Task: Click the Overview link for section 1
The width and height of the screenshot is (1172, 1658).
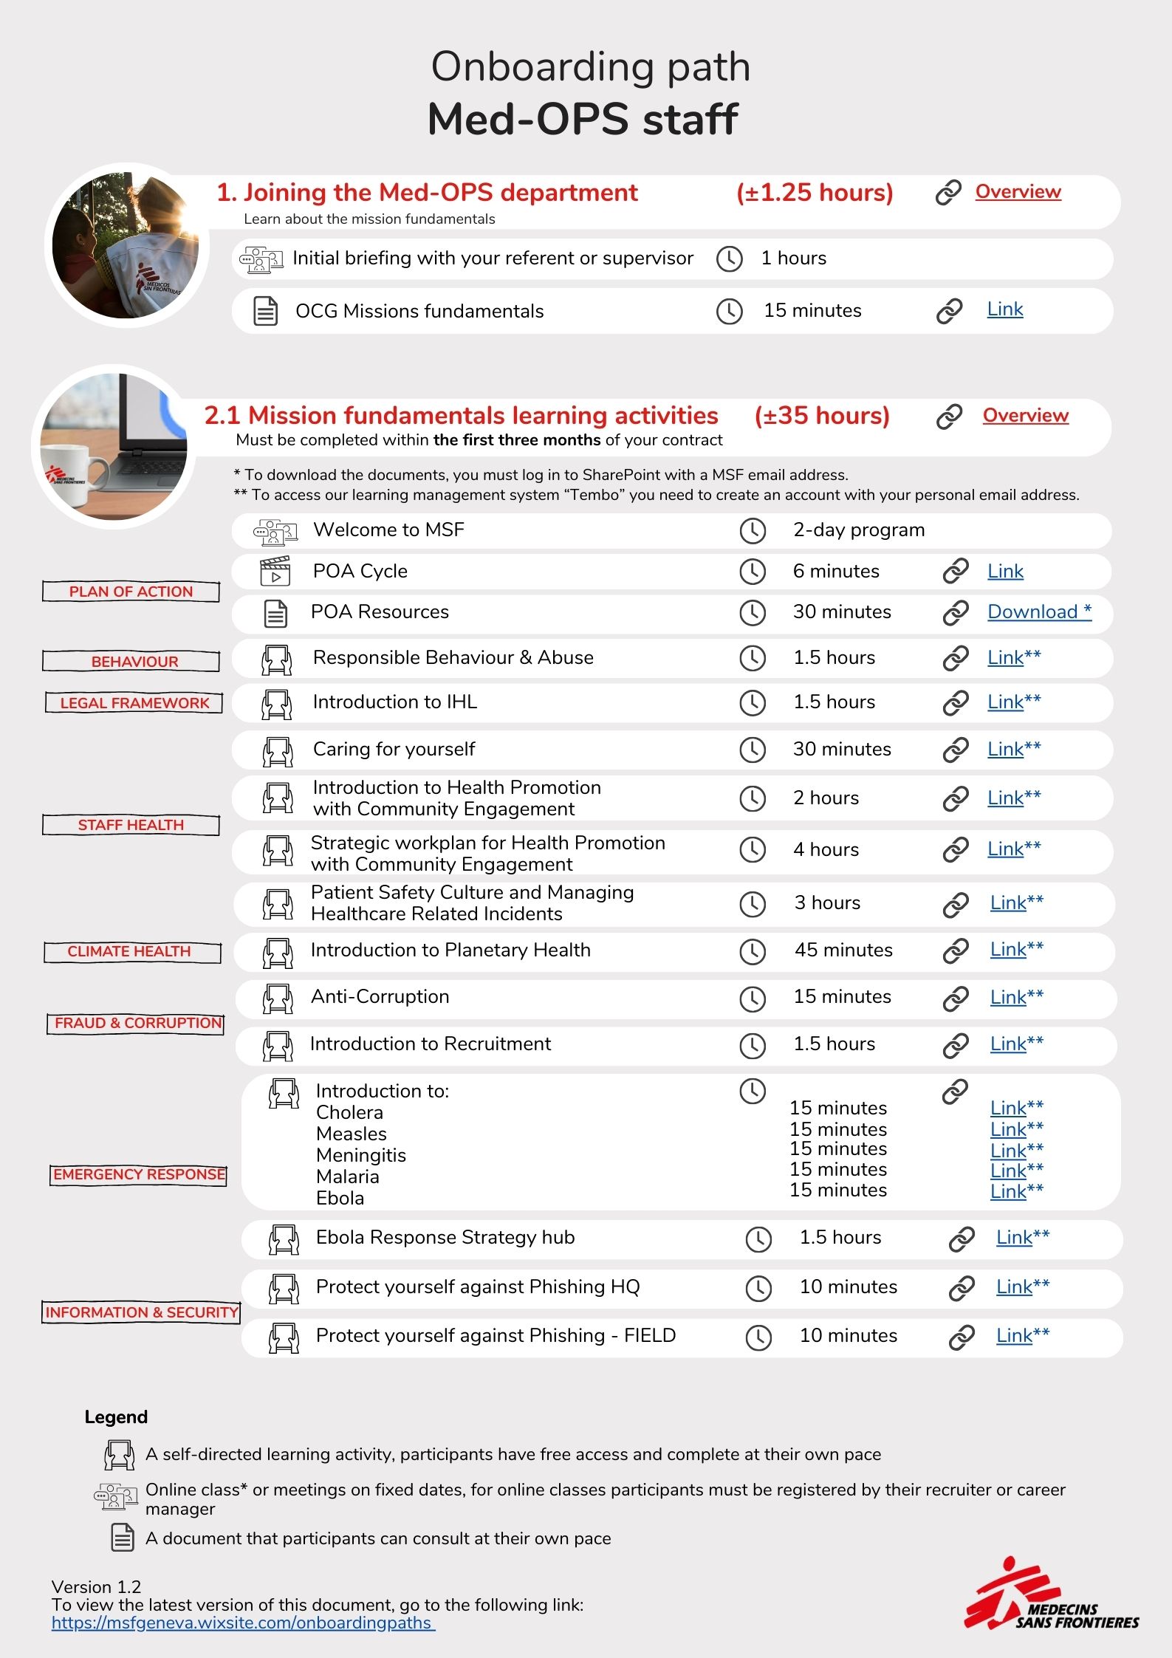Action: coord(1018,192)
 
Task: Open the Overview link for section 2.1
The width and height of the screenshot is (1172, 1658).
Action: coord(1025,416)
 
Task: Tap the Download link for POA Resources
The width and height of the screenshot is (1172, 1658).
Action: coord(1039,612)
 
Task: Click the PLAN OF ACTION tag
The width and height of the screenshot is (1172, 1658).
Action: coord(131,592)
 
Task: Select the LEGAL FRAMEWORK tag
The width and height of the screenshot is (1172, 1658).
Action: coord(134,703)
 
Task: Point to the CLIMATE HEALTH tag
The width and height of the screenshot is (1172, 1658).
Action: coord(130,951)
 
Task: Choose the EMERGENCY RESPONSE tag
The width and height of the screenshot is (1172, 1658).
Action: coord(139,1174)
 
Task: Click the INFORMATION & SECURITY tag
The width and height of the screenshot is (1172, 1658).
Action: coord(141,1312)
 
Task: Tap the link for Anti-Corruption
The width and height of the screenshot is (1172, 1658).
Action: coord(1008,998)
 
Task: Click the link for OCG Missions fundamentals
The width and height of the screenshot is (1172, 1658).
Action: coord(1005,310)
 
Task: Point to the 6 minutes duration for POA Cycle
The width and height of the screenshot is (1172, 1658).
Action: coord(836,572)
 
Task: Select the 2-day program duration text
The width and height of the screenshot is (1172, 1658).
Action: coord(858,530)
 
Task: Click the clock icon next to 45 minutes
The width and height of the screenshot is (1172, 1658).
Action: coord(753,951)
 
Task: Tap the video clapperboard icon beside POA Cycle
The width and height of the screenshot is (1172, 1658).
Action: coord(275,572)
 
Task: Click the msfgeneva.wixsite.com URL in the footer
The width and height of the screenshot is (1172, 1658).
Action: coord(242,1623)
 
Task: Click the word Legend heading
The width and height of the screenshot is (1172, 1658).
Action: coord(116,1417)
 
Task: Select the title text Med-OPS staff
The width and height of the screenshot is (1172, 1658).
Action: coord(583,120)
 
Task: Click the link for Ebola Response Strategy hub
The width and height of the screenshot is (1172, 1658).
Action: coord(1014,1238)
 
